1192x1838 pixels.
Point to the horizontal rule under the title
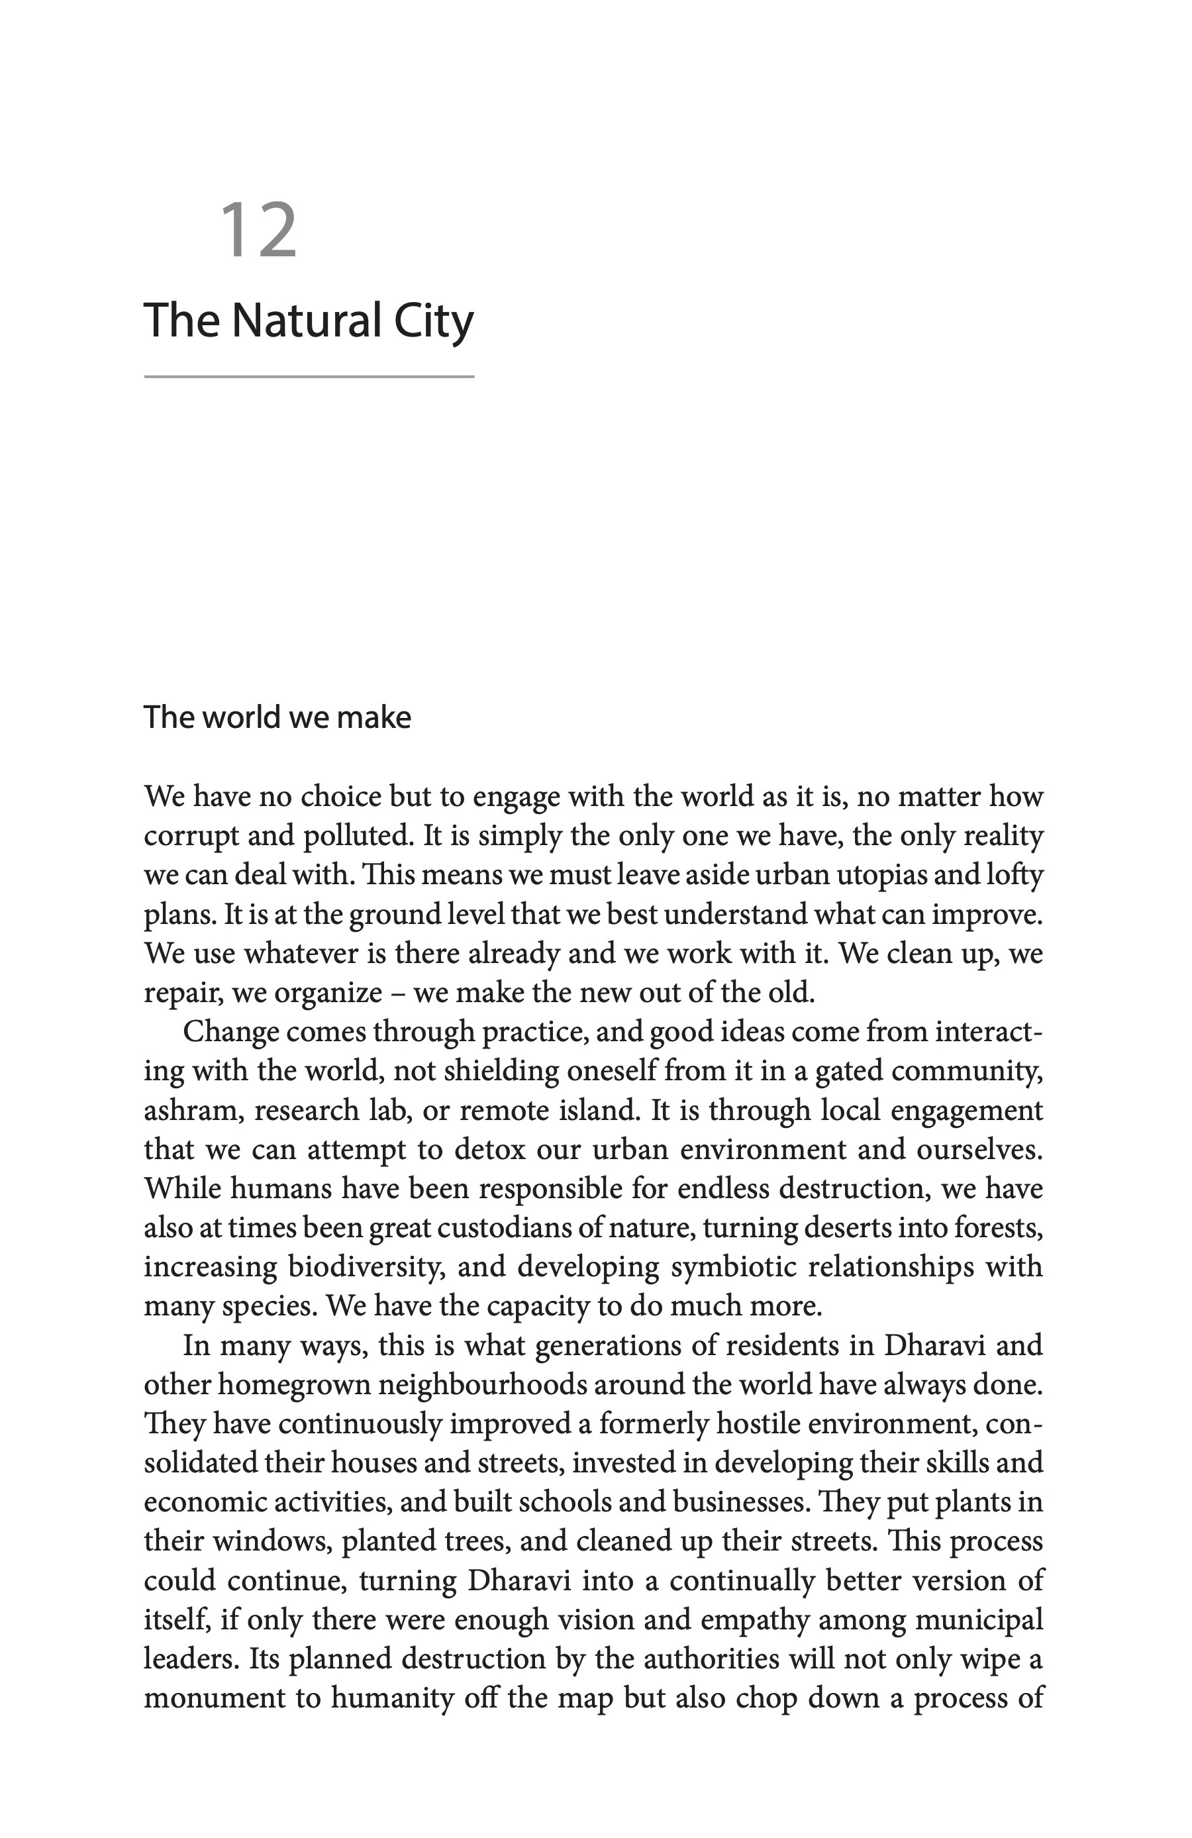tap(309, 377)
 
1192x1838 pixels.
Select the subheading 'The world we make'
tap(277, 717)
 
